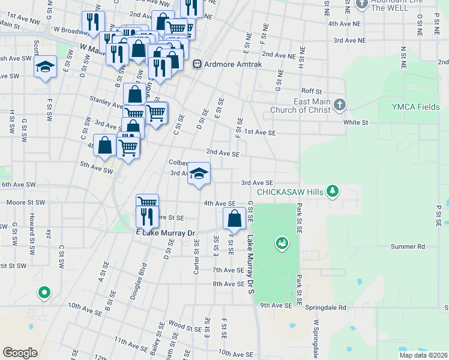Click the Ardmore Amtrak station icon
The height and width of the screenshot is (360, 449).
click(x=197, y=64)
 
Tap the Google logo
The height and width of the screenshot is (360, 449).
click(x=20, y=353)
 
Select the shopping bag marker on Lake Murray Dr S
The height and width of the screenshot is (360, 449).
click(x=235, y=219)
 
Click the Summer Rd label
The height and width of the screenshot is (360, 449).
click(x=408, y=246)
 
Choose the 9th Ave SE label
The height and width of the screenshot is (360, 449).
click(x=276, y=305)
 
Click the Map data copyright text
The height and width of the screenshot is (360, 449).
click(x=423, y=355)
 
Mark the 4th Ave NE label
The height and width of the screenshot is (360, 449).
click(x=345, y=23)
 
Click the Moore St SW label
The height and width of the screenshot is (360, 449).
click(x=20, y=203)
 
